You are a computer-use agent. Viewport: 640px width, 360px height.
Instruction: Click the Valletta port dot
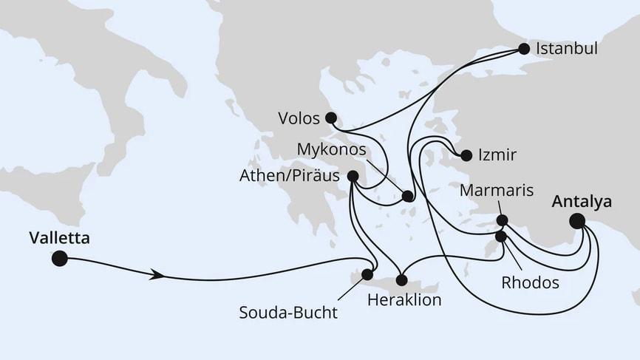click(x=59, y=258)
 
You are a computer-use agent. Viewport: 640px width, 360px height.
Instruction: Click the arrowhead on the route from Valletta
click(x=156, y=275)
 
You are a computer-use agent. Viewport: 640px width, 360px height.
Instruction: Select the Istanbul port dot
click(x=524, y=50)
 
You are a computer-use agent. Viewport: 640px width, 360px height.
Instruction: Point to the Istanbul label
click(x=568, y=50)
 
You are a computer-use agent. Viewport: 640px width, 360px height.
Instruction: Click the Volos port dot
click(x=330, y=118)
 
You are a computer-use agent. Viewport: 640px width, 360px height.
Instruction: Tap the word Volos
click(x=299, y=118)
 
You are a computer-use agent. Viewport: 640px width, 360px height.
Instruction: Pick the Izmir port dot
click(x=466, y=156)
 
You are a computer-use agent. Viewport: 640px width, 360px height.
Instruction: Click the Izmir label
click(x=497, y=156)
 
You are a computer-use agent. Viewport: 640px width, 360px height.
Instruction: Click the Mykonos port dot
click(x=407, y=197)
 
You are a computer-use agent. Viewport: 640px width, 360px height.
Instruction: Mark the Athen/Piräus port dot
click(x=353, y=176)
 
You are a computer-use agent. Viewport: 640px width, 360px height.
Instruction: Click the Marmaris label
click(x=497, y=191)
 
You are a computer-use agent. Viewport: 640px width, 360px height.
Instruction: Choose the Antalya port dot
click(x=577, y=220)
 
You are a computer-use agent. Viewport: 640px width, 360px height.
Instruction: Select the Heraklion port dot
click(x=402, y=280)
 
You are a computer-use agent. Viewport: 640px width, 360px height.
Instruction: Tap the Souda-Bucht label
click(x=288, y=312)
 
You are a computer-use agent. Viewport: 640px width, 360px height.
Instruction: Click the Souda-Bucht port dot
click(x=367, y=275)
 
